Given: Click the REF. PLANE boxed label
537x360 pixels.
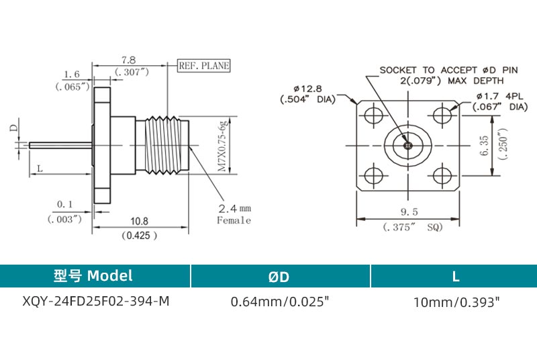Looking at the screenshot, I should click(203, 66).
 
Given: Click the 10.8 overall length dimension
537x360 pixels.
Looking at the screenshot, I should click(139, 221).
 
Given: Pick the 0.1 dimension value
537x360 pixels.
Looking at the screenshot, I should click(65, 204).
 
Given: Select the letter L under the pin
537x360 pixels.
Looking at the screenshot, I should click(40, 168).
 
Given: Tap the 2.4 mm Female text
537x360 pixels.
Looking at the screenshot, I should click(234, 213).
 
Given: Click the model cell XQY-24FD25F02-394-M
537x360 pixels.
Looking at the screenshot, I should click(96, 302).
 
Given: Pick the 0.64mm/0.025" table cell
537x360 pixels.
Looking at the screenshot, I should click(280, 302).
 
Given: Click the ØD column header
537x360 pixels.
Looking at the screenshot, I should click(280, 275).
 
